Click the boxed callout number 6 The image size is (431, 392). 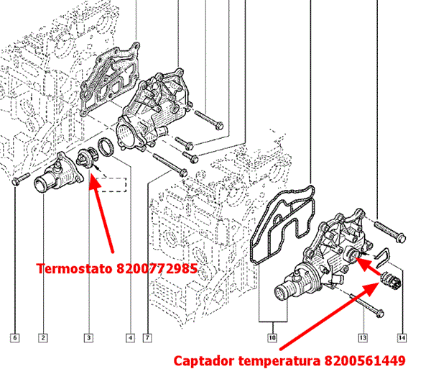point(14,337)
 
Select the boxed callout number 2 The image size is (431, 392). point(44,337)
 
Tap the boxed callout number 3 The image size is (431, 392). point(88,337)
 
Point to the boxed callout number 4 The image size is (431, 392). point(130,337)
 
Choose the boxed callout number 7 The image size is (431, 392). point(147,337)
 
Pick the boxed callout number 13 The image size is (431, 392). point(364,337)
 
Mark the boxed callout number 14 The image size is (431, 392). point(402,337)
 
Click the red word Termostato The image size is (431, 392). point(74,269)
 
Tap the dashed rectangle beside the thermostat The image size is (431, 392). point(116,183)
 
